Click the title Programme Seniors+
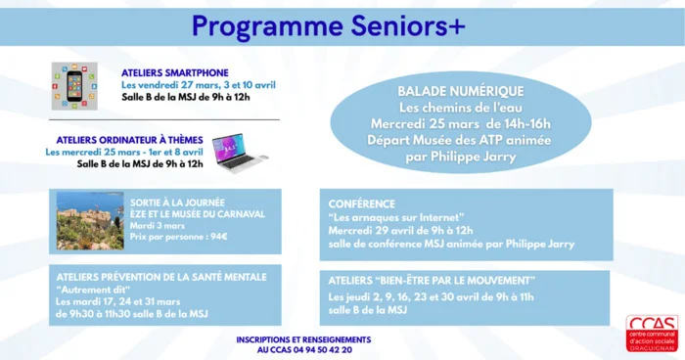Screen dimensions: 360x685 click(x=328, y=23)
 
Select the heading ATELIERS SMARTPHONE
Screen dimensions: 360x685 click(x=175, y=72)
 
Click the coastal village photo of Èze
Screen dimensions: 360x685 click(x=90, y=221)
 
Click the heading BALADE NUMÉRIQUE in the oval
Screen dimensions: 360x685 click(x=460, y=90)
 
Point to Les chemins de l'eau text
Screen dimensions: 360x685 click(x=460, y=107)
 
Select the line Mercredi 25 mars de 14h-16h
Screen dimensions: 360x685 click(x=460, y=123)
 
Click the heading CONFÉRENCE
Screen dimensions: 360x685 click(x=362, y=204)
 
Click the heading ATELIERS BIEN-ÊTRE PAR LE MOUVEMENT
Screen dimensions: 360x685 click(x=432, y=282)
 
